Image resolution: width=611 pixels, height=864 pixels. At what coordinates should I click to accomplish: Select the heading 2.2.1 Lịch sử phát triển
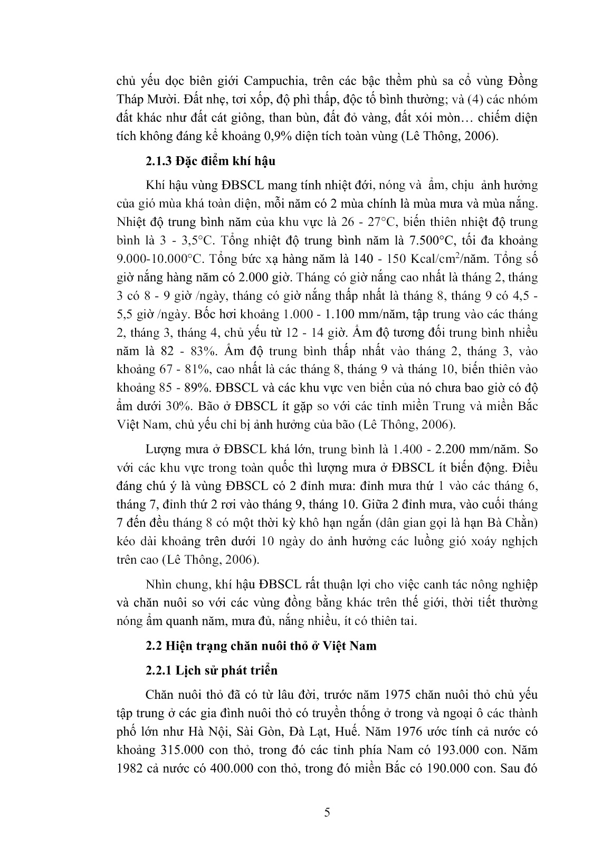(x=212, y=670)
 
